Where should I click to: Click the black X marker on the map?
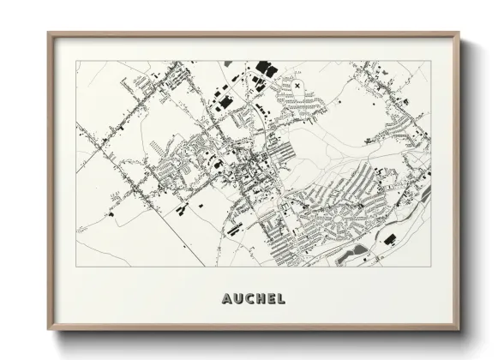[x=297, y=86]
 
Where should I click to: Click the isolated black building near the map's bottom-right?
[x=389, y=238]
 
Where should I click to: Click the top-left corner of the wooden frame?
[x=48, y=33]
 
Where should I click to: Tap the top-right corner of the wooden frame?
[x=460, y=33]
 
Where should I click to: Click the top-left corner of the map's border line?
[x=76, y=61]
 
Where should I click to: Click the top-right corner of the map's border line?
[x=430, y=61]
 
